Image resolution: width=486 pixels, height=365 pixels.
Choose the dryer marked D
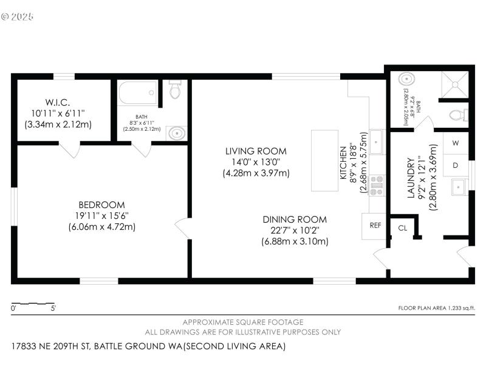point(456,165)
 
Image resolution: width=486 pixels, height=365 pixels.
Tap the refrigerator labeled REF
point(375,225)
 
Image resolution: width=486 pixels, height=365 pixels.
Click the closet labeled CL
point(402,228)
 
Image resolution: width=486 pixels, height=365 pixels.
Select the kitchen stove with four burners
point(377,185)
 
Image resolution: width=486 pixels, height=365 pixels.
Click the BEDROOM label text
point(101,205)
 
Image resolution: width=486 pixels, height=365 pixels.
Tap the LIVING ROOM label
point(256,151)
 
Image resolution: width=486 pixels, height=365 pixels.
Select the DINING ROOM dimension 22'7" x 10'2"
point(295,230)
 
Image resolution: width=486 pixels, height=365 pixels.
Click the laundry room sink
point(458,187)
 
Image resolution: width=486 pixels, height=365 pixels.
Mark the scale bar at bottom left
point(33,303)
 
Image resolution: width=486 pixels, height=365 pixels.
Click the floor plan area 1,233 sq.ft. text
point(436,308)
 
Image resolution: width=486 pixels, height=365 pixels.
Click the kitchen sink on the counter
point(375,143)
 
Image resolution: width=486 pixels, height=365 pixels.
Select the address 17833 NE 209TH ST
point(51,346)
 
